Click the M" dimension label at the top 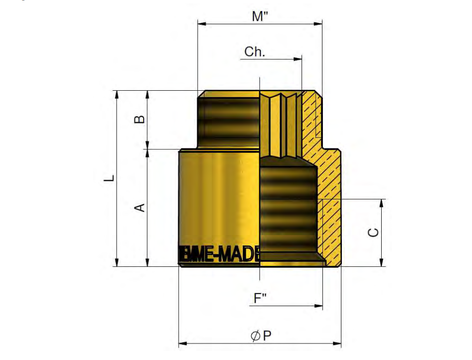260,16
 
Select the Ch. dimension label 254,52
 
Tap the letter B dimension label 139,119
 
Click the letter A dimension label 139,208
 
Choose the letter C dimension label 373,232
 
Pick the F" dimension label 260,298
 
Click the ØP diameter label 261,336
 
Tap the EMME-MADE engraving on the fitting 219,254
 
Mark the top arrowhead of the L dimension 117,94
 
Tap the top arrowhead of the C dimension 382,202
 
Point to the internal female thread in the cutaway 288,209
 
